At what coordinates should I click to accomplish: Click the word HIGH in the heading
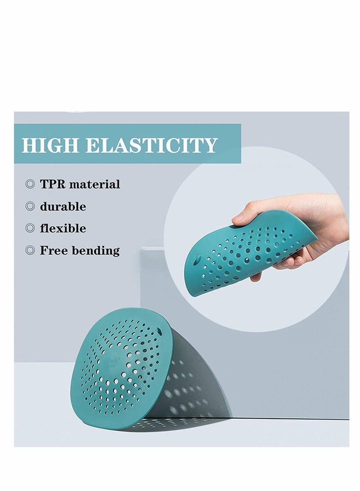pos(50,145)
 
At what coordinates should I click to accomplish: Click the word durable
pos(63,207)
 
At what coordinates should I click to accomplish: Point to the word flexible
pos(63,228)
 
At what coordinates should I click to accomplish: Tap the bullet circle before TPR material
pos(30,184)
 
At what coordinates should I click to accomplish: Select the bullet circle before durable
pos(30,207)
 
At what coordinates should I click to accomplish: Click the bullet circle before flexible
pos(30,228)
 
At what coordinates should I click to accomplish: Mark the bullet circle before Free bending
pos(30,250)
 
